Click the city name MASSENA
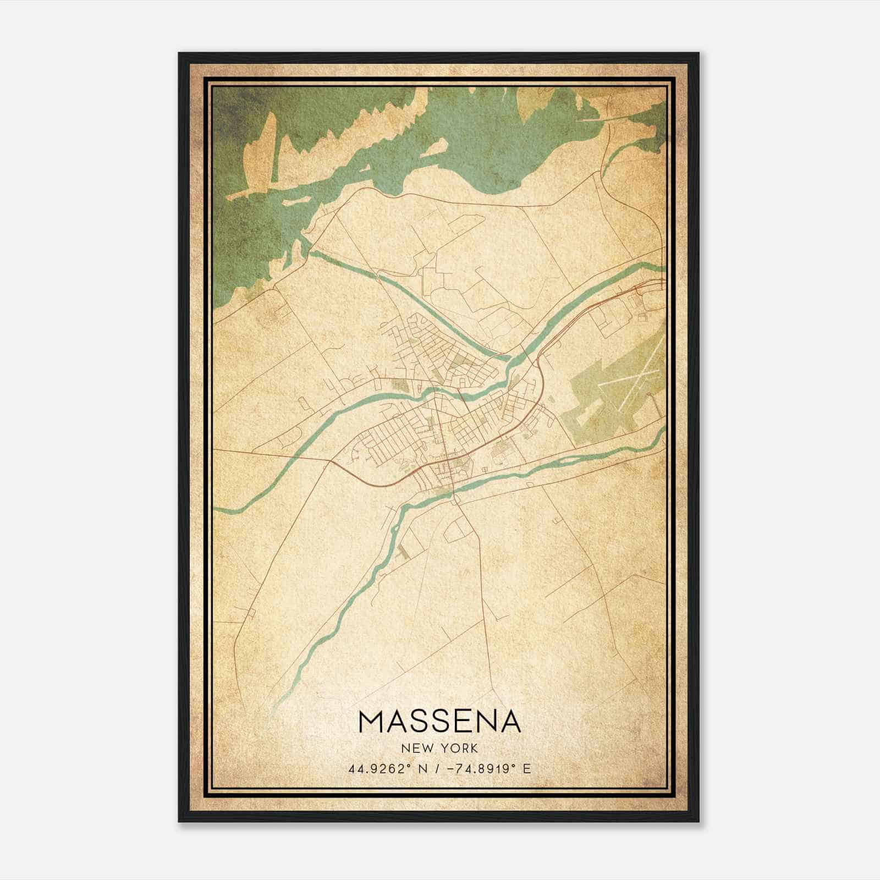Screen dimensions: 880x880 coord(439,722)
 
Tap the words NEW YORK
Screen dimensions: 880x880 coord(439,749)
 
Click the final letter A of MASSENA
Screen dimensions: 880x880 coord(509,722)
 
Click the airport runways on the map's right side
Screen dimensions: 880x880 coord(632,385)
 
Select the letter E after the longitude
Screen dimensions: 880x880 coord(527,769)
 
